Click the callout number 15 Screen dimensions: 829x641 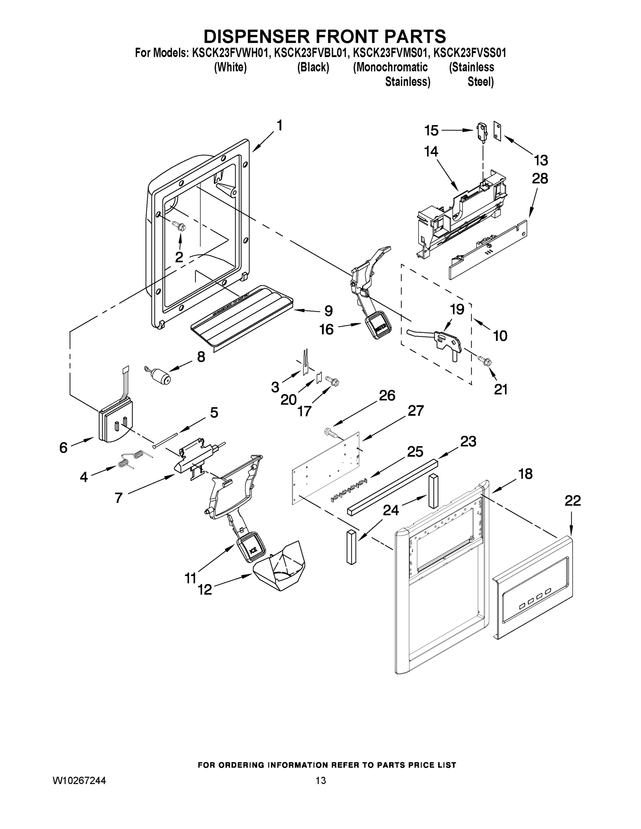pos(431,131)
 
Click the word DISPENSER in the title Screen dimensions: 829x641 pos(256,36)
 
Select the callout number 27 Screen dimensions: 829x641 pos(416,411)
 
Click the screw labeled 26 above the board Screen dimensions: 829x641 pos(331,432)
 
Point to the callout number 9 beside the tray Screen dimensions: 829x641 pos(329,311)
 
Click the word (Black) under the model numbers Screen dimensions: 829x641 pos(313,68)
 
